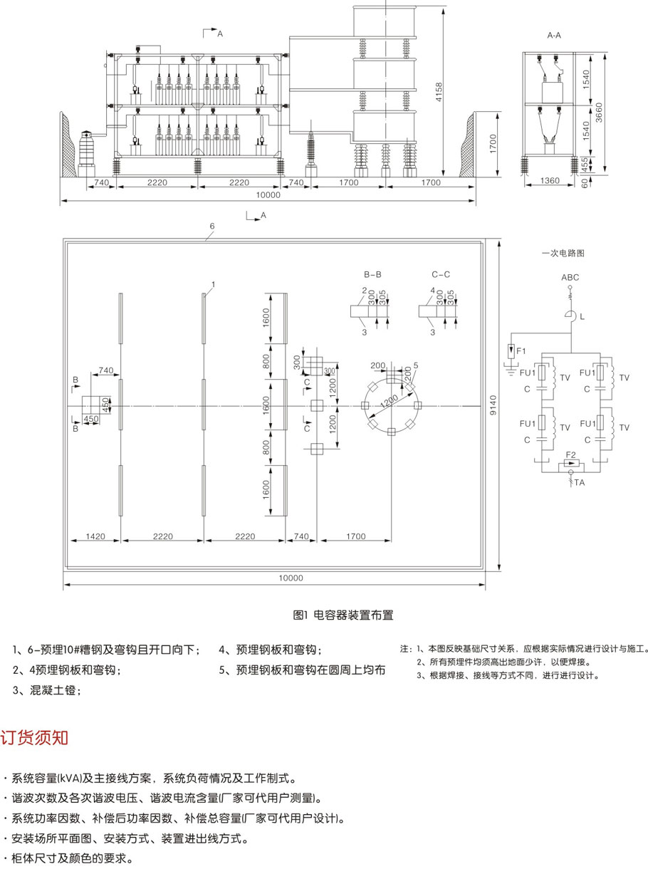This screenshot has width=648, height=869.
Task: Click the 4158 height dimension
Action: [x=439, y=92]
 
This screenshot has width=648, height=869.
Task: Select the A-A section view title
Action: [x=554, y=35]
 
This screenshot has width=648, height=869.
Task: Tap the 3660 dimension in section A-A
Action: [x=599, y=113]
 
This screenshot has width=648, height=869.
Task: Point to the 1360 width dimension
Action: [x=550, y=180]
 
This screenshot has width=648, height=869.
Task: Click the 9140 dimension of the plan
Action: [x=493, y=405]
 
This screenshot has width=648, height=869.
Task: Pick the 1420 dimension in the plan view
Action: [x=95, y=536]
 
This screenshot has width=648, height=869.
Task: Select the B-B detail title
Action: [x=372, y=274]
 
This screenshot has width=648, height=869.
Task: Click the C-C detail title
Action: [x=441, y=274]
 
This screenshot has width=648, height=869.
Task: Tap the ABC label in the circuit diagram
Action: [x=570, y=278]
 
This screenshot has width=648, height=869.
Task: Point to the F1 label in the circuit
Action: [x=521, y=350]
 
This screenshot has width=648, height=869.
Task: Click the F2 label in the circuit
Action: [x=570, y=454]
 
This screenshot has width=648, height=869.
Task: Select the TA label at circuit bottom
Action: [x=580, y=483]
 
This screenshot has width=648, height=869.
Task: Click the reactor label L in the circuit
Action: [x=582, y=317]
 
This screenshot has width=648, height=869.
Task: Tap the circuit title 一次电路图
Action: [x=563, y=253]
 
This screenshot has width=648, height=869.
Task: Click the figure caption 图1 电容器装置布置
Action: [x=343, y=615]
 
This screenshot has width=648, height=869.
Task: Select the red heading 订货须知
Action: [x=34, y=737]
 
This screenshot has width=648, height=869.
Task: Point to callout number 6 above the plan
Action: [x=212, y=226]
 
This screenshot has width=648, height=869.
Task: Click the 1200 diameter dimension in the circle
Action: [x=389, y=402]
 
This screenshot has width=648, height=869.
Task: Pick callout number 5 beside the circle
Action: [x=416, y=365]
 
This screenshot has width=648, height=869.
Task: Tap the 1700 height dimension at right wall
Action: [x=493, y=144]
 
